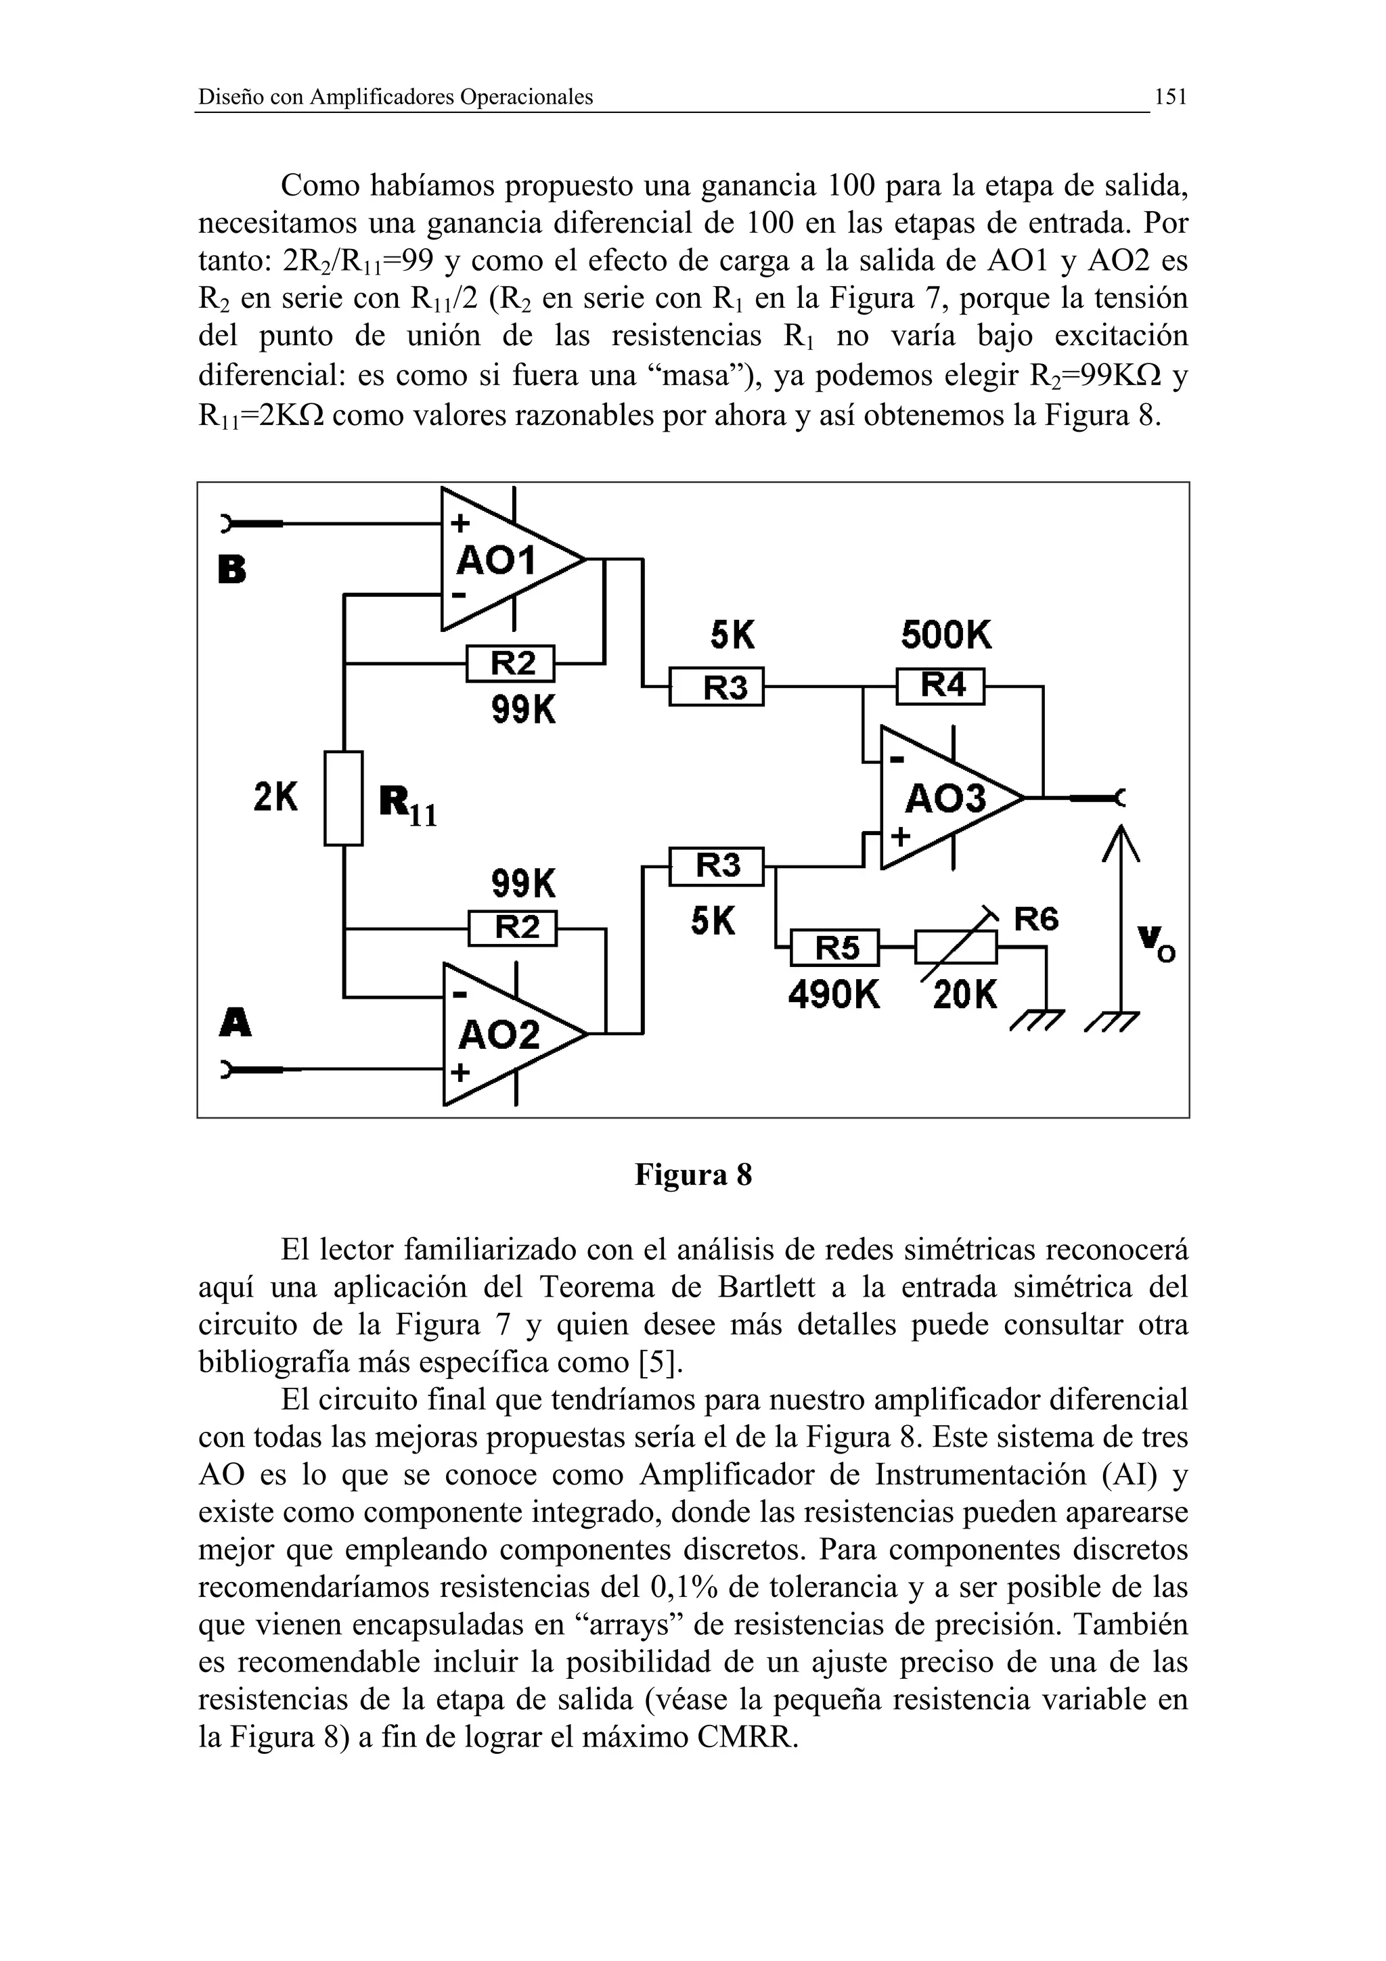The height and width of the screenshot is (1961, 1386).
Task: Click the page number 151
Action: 1170,97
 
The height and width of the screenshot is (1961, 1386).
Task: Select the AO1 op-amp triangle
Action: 504,560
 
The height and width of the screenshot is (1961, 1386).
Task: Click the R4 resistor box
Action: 940,686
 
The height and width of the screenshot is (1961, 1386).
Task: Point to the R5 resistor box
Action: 834,947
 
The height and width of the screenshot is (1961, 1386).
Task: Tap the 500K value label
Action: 946,635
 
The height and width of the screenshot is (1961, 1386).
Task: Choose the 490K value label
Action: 834,994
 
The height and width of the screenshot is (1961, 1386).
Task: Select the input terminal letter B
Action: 232,569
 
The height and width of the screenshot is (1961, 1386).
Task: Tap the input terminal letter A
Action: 235,1022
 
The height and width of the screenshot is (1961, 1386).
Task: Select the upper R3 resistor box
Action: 715,686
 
